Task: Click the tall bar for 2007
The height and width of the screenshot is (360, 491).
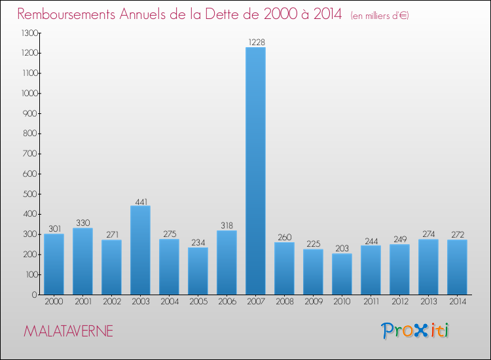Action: (255, 170)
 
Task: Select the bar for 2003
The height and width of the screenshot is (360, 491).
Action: (140, 250)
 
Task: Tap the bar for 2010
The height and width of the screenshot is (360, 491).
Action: (342, 274)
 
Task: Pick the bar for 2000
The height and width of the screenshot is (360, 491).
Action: (54, 264)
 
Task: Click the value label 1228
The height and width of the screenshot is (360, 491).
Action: (255, 43)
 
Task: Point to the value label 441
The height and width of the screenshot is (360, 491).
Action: (140, 201)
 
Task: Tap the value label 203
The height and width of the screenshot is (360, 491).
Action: (342, 249)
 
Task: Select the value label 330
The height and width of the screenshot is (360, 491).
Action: (82, 223)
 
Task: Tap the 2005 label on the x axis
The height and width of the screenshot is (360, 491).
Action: (198, 302)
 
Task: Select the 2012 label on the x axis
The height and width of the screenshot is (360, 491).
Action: (399, 302)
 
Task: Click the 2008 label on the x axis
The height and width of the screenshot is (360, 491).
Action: (284, 302)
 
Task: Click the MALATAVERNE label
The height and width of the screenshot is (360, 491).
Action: (68, 331)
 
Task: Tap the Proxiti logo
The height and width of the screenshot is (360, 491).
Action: (415, 331)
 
